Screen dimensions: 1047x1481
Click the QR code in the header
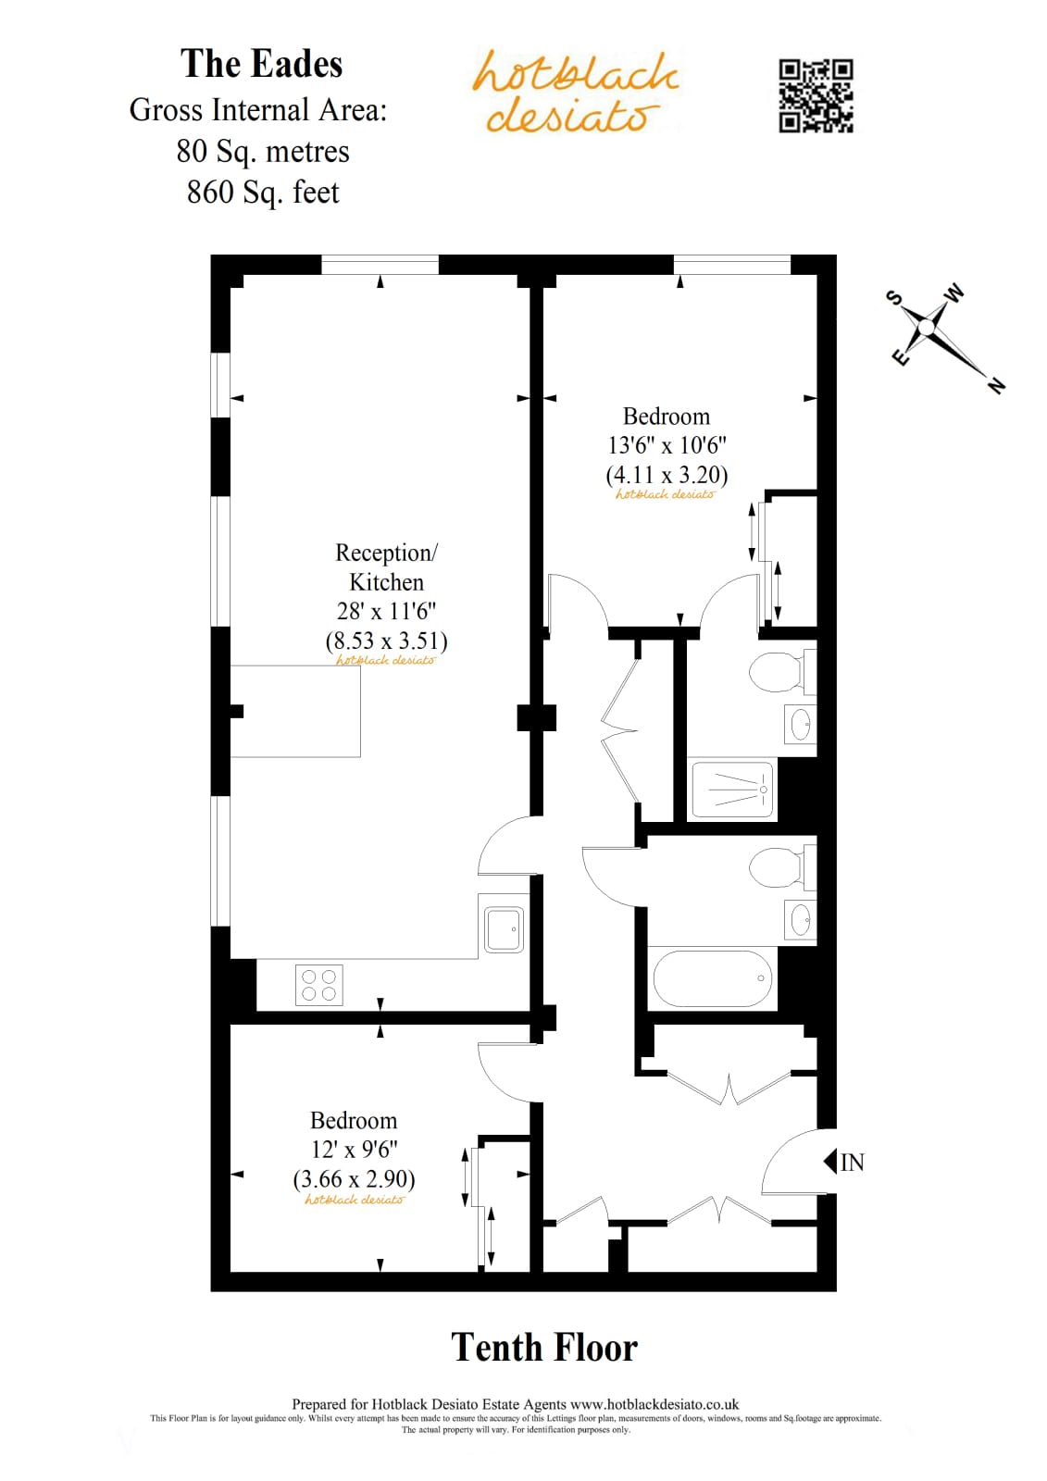coord(816,96)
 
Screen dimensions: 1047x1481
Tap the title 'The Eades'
coord(261,64)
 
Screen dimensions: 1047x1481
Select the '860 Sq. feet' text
coord(263,193)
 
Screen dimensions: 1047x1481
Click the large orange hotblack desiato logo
coord(575,93)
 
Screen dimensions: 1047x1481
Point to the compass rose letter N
coord(996,384)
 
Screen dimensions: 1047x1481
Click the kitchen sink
coord(504,929)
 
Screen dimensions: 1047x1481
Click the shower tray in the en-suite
coord(731,790)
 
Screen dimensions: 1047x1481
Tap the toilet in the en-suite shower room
coord(781,671)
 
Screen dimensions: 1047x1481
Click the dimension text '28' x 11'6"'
coord(386,611)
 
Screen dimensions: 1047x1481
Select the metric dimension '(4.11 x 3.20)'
coord(667,475)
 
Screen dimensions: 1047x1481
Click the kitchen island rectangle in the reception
coord(295,711)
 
